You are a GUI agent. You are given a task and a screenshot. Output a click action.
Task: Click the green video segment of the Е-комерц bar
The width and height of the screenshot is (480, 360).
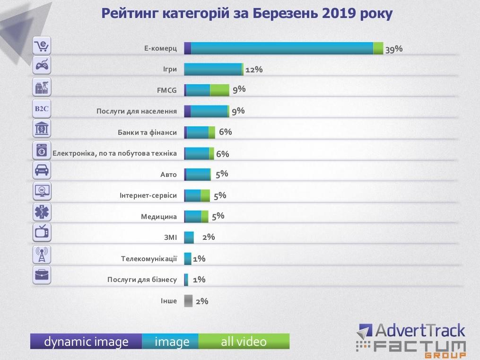tap(378, 48)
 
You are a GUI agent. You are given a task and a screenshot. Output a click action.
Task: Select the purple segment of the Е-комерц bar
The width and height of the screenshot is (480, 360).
tap(187, 48)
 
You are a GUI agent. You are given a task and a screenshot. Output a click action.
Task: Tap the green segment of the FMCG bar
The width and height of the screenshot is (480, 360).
tap(219, 90)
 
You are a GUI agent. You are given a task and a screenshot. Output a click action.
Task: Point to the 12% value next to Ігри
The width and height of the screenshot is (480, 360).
tap(254, 70)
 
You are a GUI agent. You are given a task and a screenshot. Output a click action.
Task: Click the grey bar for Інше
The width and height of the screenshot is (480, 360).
tap(188, 301)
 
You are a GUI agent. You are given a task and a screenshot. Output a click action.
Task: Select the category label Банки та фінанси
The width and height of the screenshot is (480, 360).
tap(147, 132)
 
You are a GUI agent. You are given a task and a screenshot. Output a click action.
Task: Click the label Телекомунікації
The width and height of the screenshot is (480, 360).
tap(149, 259)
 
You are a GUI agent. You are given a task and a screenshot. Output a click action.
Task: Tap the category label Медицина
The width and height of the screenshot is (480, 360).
tap(159, 217)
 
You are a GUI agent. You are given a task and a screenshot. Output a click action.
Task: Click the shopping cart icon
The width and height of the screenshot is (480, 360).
tap(42, 46)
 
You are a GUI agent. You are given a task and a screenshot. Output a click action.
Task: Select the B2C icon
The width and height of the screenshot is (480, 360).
tap(42, 108)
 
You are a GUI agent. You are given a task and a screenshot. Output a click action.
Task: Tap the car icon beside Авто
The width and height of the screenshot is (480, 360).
tap(42, 170)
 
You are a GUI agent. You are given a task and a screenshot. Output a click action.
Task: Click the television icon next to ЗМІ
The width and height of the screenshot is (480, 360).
tap(42, 232)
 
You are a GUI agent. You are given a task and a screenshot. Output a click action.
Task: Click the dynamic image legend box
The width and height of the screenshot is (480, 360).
tap(86, 342)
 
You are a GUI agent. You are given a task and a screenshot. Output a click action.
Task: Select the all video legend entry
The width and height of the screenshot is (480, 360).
tap(244, 342)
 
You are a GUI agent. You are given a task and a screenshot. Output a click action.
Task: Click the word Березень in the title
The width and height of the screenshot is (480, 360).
tap(282, 14)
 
